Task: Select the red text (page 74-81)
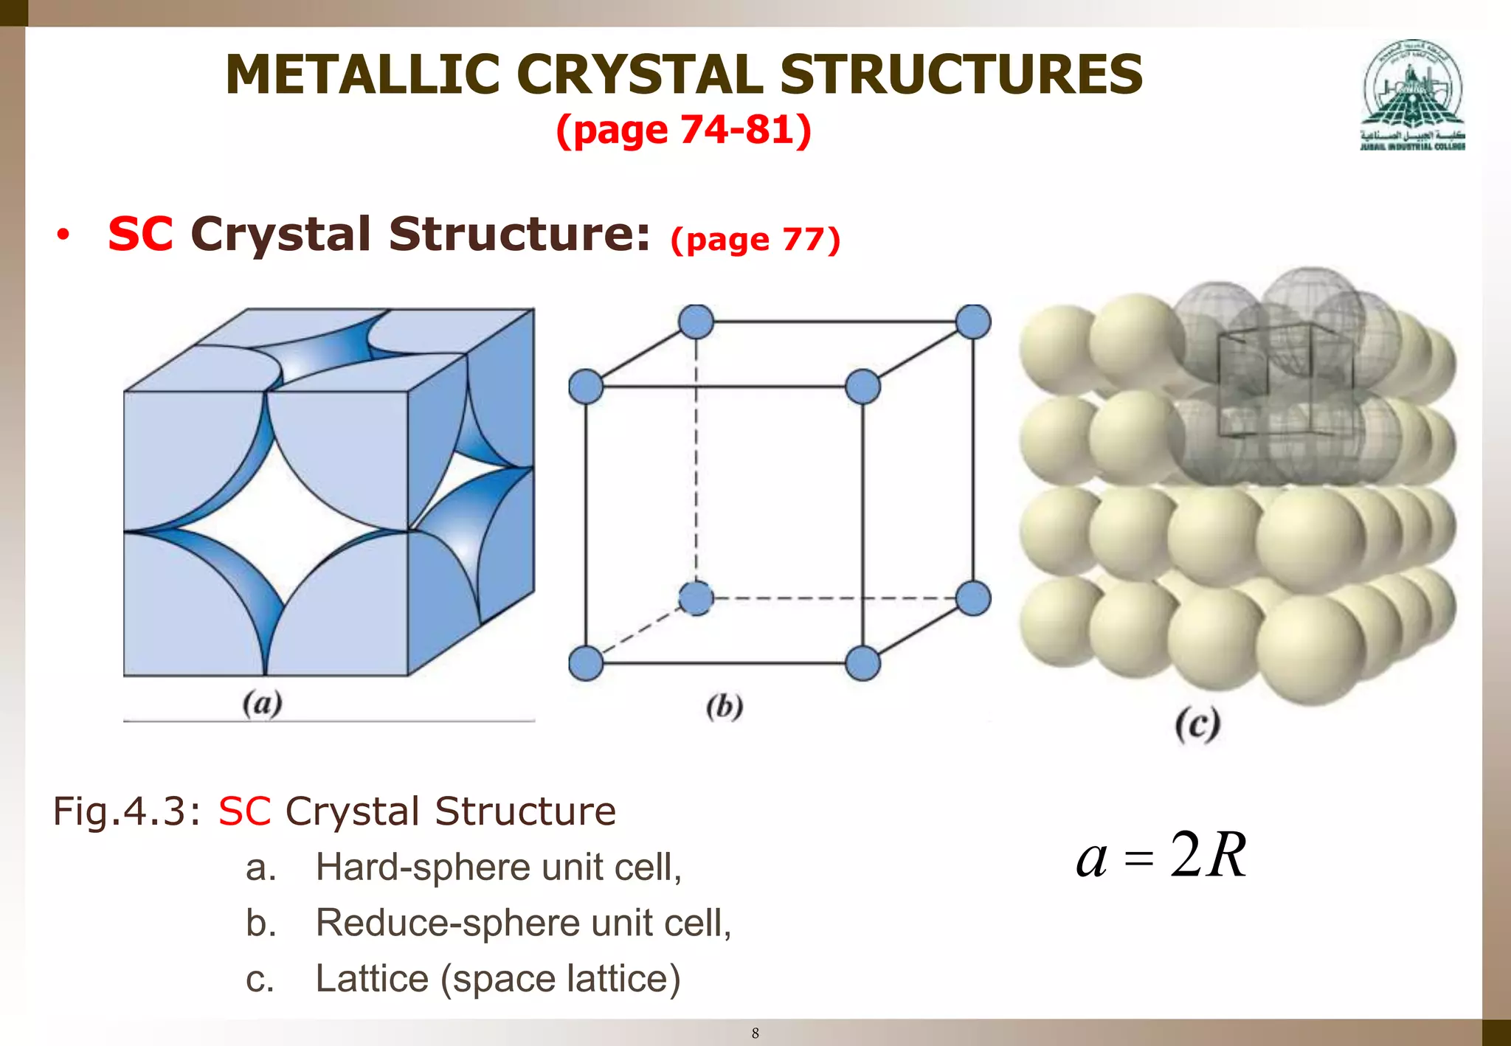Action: click(x=683, y=130)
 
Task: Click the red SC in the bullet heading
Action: click(x=140, y=235)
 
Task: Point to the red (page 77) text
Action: click(x=755, y=240)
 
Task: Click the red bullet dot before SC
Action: click(x=63, y=235)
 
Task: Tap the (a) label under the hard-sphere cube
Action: click(x=262, y=703)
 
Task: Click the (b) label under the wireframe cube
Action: click(x=724, y=707)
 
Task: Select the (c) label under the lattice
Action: click(x=1197, y=725)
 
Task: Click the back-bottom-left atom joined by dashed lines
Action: click(x=695, y=598)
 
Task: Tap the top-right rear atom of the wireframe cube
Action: click(x=972, y=322)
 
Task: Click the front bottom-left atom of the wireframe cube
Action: click(x=586, y=662)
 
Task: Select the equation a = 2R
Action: click(x=1161, y=856)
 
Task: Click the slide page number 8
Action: click(x=755, y=1033)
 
